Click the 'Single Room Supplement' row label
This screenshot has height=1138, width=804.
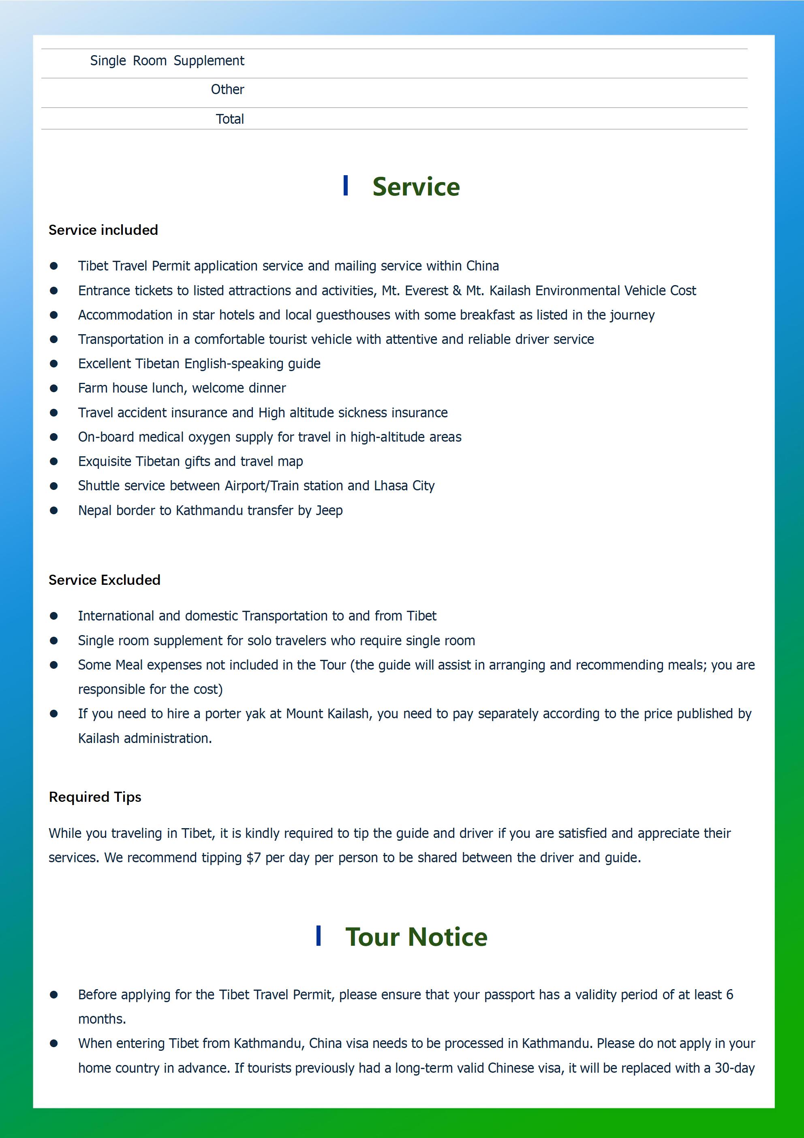pyautogui.click(x=167, y=61)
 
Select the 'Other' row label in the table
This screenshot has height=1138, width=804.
pyautogui.click(x=227, y=90)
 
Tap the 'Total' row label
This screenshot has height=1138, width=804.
pyautogui.click(x=229, y=119)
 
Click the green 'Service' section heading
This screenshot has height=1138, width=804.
pyautogui.click(x=416, y=187)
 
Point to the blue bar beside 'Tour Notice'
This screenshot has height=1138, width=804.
pyautogui.click(x=318, y=936)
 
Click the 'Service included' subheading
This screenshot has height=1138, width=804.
pyautogui.click(x=103, y=230)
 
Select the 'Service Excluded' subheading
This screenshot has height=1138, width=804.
pyautogui.click(x=104, y=580)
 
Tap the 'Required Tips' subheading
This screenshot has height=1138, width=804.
pyautogui.click(x=94, y=797)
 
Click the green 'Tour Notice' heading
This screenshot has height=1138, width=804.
pyautogui.click(x=416, y=937)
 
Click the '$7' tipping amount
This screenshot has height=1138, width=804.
pyautogui.click(x=253, y=858)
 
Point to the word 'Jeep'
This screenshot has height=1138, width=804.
pyautogui.click(x=329, y=511)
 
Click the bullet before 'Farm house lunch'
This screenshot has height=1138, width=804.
pyautogui.click(x=53, y=388)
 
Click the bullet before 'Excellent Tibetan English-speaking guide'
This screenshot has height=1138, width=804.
pyautogui.click(x=53, y=364)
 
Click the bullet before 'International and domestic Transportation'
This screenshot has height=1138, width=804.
pyautogui.click(x=53, y=616)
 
